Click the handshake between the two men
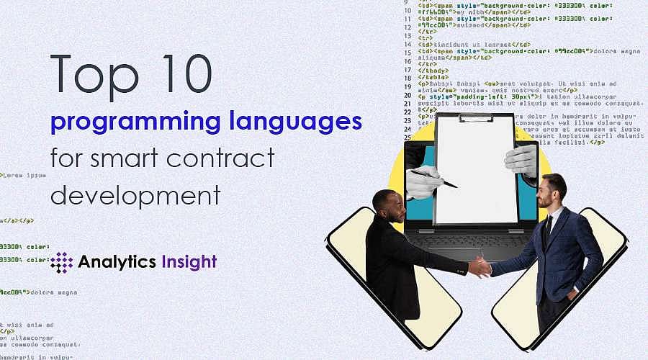[x=480, y=266]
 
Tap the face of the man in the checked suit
[x=554, y=193]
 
